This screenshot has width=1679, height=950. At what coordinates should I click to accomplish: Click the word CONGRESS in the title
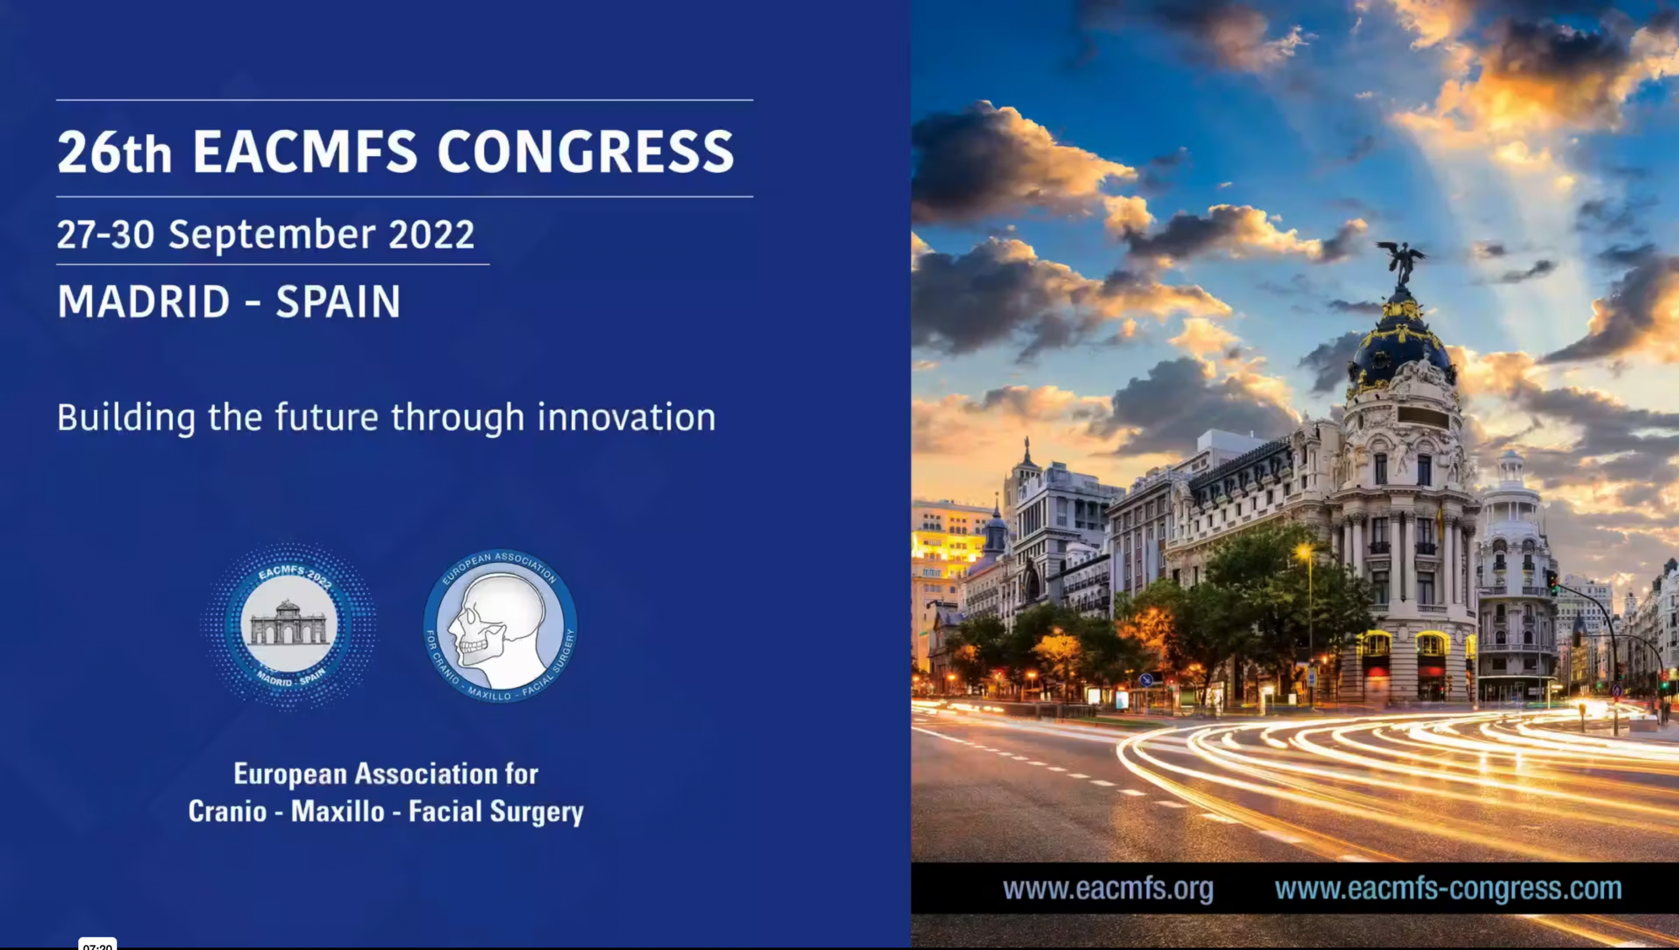tap(586, 152)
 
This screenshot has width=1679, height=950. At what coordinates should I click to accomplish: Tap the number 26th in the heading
tap(115, 152)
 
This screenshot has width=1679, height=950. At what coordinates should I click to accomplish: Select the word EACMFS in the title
tap(305, 152)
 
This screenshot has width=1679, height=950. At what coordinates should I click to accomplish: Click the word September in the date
tap(272, 235)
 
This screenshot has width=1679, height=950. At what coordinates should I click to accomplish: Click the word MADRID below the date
tap(144, 302)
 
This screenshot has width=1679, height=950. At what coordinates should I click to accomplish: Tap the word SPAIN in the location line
tap(338, 302)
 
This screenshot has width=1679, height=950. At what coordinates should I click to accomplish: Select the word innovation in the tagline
tap(626, 417)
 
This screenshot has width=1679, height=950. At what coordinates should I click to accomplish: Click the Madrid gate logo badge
tap(289, 625)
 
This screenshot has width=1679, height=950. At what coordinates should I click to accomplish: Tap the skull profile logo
tap(500, 627)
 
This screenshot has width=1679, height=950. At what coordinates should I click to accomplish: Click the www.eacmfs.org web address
tap(1108, 889)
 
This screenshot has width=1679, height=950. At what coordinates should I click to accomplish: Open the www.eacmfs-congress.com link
tap(1448, 889)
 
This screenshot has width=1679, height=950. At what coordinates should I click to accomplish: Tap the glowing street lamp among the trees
tap(1304, 552)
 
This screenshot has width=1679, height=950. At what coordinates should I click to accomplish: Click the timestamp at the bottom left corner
tap(98, 945)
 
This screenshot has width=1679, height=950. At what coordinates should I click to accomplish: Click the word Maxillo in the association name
tap(338, 812)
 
